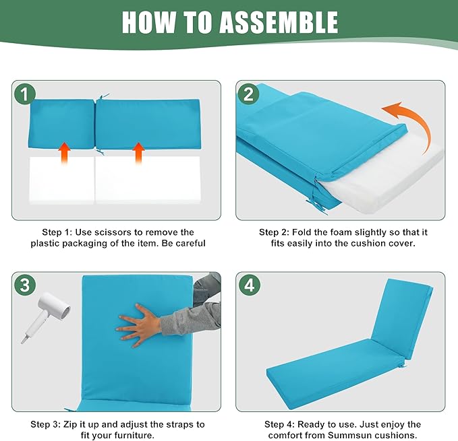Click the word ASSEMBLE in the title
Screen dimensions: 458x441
tap(279, 22)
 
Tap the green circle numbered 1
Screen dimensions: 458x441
tap(25, 94)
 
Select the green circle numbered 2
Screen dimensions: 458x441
tap(248, 94)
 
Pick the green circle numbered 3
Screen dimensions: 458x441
tap(25, 285)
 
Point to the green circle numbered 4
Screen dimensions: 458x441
tap(249, 285)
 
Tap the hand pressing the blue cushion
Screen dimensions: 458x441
tap(139, 325)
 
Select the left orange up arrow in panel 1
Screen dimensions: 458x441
tap(64, 153)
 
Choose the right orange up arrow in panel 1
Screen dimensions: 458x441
tap(138, 153)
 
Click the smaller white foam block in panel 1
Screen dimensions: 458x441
tap(61, 180)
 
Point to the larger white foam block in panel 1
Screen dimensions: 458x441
tap(148, 180)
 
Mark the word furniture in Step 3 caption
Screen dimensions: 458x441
tap(134, 436)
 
